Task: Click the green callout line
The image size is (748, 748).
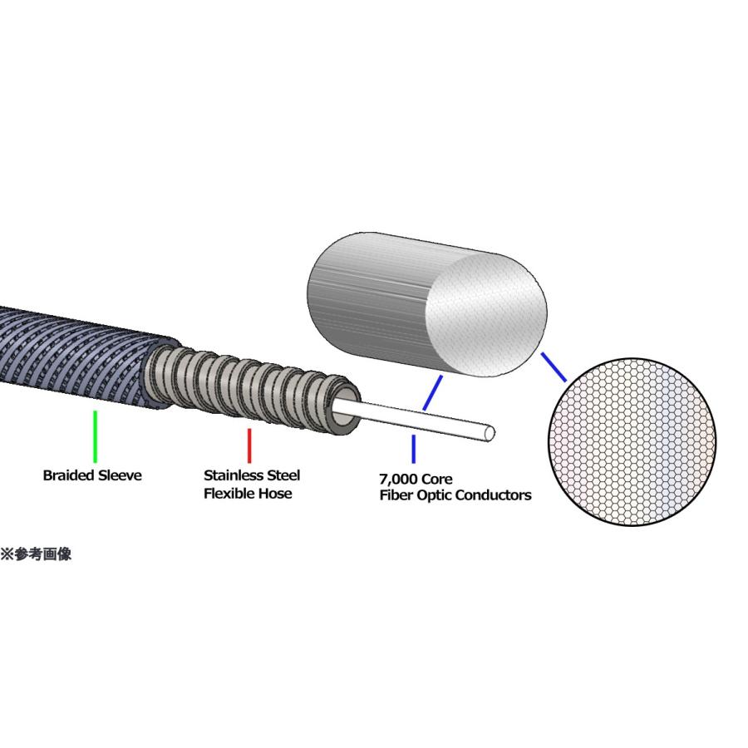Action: (96, 436)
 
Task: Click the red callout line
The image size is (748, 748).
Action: (249, 445)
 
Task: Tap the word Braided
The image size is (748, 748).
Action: (69, 475)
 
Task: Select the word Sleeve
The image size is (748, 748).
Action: (120, 475)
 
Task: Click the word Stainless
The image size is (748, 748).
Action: (234, 475)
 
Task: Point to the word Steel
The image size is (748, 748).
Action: (283, 475)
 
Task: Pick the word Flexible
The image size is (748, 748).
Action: (230, 493)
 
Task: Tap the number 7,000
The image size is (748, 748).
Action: (400, 479)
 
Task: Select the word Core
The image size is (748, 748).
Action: (438, 479)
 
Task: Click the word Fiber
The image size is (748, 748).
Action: (396, 495)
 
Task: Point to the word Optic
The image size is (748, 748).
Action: (433, 496)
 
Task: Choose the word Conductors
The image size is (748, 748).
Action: (492, 495)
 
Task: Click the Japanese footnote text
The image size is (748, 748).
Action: (37, 554)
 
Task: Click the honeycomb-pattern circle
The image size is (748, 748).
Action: (632, 442)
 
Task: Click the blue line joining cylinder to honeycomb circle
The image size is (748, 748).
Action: (554, 367)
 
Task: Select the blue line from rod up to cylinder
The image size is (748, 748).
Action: (432, 392)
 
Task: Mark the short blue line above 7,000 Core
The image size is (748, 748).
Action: (413, 449)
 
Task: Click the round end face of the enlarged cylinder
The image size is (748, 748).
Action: (486, 314)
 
